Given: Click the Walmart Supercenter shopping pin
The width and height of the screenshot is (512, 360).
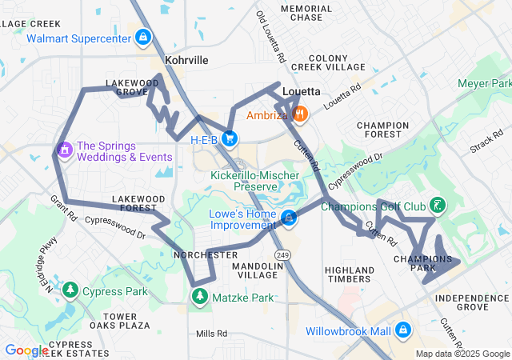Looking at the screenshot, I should click(x=142, y=38).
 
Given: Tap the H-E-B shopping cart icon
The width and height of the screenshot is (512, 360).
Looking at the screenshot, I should click(x=230, y=139).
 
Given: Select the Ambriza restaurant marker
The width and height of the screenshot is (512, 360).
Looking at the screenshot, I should click(x=300, y=114).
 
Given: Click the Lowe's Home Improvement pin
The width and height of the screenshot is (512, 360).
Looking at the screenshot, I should click(x=288, y=217).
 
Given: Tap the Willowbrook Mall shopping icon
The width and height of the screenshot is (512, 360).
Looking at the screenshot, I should click(x=402, y=330).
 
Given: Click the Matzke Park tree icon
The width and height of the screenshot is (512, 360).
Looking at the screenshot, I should click(x=198, y=297).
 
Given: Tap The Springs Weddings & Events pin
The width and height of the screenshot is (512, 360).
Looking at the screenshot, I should click(x=64, y=150).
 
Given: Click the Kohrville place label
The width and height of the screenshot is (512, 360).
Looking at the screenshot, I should click(x=186, y=60).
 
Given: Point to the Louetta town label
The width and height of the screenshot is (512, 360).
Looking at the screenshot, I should click(x=302, y=91).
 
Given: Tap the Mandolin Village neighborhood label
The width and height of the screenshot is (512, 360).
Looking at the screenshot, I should click(x=254, y=270).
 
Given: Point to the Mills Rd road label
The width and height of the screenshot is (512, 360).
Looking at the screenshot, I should click(x=211, y=333).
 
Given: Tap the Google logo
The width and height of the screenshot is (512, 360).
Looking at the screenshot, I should click(x=26, y=350).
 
